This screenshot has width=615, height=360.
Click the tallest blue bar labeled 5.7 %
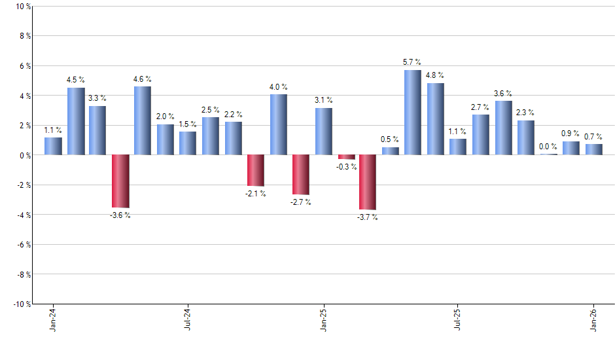coord(413,112)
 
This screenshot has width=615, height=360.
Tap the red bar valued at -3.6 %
coord(120,181)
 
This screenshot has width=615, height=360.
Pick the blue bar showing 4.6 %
coord(143,120)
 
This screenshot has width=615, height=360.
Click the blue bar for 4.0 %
coord(278,124)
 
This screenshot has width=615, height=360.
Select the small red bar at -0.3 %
coord(346,157)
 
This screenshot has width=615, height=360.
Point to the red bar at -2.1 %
coord(256,170)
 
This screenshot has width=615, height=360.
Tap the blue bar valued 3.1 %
coord(323,131)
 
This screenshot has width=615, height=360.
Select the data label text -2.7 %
coord(301,202)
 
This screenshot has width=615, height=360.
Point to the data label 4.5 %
coord(76,80)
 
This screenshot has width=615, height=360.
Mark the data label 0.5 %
coord(391,139)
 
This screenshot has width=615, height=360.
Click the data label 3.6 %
coord(503,93)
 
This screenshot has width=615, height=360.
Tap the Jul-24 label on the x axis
coord(188,319)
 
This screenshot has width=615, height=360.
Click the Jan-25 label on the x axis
coord(323,319)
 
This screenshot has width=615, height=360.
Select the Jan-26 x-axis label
coord(594,319)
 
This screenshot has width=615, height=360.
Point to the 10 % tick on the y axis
coord(22,7)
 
